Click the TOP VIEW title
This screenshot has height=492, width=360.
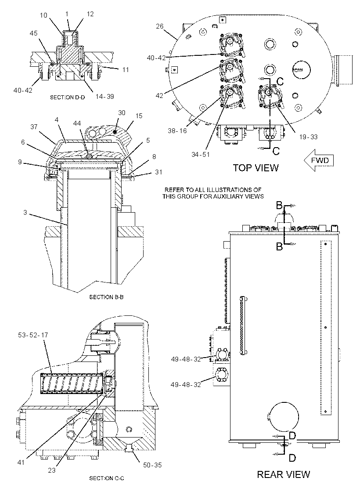click(x=255, y=167)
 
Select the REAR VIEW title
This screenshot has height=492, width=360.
click(x=284, y=474)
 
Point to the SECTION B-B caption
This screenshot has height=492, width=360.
click(x=106, y=297)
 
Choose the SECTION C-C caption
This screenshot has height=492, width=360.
click(x=107, y=478)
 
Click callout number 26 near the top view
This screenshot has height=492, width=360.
click(x=160, y=26)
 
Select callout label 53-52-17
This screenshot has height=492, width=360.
click(x=33, y=335)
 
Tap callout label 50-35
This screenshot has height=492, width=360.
click(x=152, y=465)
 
